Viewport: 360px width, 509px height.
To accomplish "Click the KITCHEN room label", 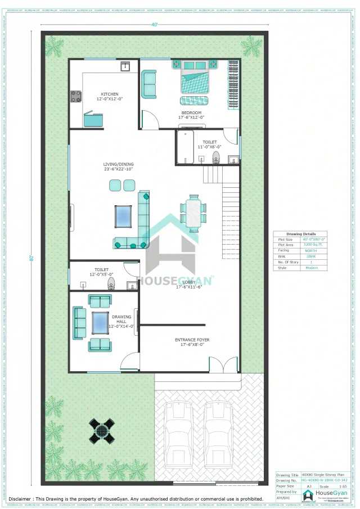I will tap(110, 94).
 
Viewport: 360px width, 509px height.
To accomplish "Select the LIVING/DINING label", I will tap(118, 164).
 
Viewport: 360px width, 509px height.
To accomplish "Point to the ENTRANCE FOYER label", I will tap(192, 340).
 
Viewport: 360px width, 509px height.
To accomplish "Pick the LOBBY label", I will tap(189, 282).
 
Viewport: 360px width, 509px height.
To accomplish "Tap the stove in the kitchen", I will tap(76, 97).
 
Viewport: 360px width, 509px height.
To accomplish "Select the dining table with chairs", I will tap(193, 213).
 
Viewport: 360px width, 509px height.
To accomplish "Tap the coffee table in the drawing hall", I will tap(101, 322).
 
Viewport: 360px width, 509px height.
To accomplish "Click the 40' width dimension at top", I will tap(154, 24).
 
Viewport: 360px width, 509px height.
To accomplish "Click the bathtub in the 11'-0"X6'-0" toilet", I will tap(184, 147).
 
